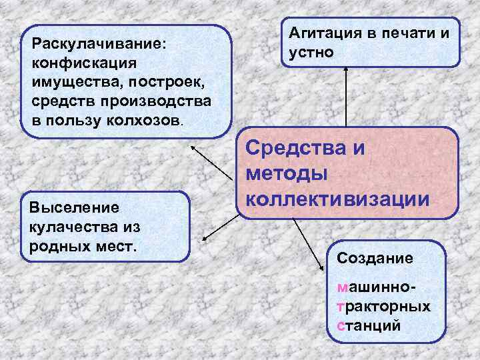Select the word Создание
click(x=375, y=257)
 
